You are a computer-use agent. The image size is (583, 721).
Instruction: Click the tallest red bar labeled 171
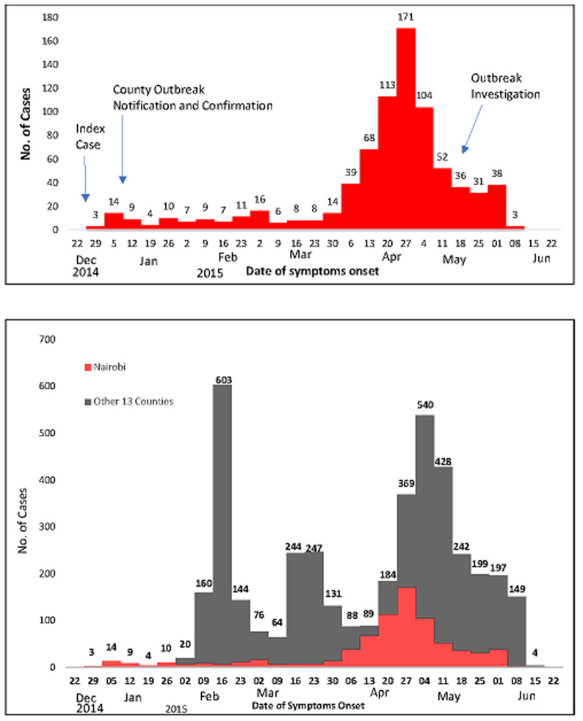coord(406,132)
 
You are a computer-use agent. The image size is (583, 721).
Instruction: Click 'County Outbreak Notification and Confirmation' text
coord(192,97)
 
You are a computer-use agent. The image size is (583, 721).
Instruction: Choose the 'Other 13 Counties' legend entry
coord(128,401)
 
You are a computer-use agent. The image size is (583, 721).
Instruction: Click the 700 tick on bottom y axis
coord(51,339)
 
